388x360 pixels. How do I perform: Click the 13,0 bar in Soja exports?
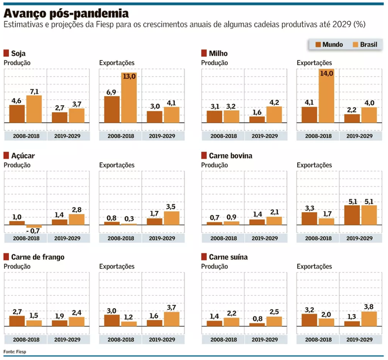tap(128, 97)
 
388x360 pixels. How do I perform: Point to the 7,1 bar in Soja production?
tap(34, 109)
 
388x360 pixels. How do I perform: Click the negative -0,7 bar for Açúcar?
tap(34, 226)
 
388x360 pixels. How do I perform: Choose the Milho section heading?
tap(218, 53)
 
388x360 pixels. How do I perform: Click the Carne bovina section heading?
tap(230, 156)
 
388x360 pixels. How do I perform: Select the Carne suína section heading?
tap(228, 257)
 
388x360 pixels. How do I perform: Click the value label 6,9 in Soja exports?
tap(112, 92)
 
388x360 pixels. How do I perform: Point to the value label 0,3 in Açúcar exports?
tap(129, 219)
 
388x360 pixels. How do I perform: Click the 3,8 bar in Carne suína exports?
tap(369, 319)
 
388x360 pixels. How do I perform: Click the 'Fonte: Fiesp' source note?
tap(14, 351)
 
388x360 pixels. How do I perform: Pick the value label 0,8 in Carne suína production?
tap(257, 319)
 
